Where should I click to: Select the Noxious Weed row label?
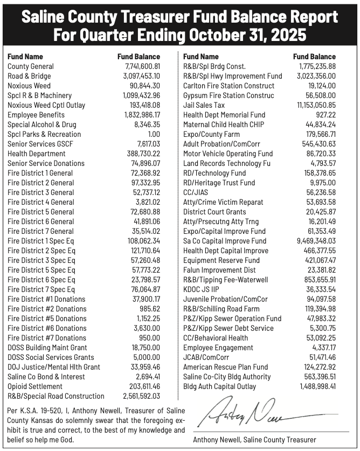pyautogui.click(x=29, y=86)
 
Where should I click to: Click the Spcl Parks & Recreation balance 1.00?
pyautogui.click(x=154, y=134)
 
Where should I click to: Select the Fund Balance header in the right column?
pyautogui.click(x=314, y=56)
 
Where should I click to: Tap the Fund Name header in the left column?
pyautogui.click(x=25, y=56)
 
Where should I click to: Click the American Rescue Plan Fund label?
pyautogui.click(x=225, y=367)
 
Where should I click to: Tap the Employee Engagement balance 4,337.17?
pyautogui.click(x=323, y=348)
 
